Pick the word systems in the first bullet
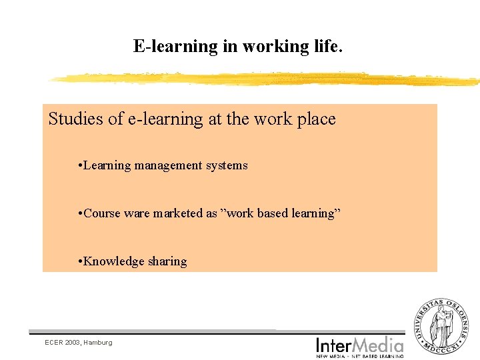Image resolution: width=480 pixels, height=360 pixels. [227, 165]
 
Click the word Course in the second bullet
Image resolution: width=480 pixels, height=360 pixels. [103, 213]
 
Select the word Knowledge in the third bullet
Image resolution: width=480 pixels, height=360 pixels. [115, 261]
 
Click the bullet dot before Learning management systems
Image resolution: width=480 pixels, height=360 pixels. [79, 165]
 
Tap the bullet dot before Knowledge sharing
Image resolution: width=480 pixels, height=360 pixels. [79, 261]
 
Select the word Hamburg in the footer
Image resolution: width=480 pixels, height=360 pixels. [99, 343]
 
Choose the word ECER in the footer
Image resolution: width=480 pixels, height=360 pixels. [53, 342]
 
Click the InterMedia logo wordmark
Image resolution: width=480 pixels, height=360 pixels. [360, 345]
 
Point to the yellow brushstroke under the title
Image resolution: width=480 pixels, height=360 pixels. [267, 79]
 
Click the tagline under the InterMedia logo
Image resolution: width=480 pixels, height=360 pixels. [360, 356]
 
